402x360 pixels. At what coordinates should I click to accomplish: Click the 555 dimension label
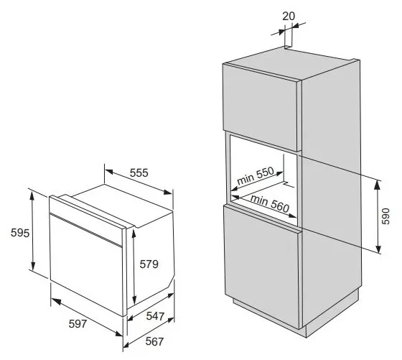[139, 173]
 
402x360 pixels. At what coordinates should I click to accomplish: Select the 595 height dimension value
[20, 233]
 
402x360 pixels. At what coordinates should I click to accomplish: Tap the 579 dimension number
[149, 264]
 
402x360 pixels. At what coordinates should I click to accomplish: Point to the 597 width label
[78, 324]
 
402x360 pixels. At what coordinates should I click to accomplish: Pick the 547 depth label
[155, 316]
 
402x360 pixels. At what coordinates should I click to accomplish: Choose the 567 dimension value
[154, 341]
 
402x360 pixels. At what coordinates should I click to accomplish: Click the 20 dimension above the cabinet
[289, 17]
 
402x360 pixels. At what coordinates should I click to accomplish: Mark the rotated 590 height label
[385, 216]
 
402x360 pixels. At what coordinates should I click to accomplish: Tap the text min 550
[256, 176]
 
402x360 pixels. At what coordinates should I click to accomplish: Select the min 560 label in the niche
[270, 203]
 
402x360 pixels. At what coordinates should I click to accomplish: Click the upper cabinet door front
[260, 107]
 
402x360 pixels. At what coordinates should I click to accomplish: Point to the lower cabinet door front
[261, 267]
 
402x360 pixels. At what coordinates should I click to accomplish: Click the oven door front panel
[86, 265]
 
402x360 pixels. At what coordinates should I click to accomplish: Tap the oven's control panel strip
[86, 220]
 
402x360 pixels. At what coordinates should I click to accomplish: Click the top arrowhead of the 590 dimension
[377, 184]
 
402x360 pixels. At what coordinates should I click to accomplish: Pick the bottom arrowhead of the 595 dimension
[33, 265]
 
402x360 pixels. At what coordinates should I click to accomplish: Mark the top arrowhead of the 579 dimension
[134, 234]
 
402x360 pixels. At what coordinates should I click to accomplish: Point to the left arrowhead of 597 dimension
[56, 302]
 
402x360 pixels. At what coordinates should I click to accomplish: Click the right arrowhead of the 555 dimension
[168, 192]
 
